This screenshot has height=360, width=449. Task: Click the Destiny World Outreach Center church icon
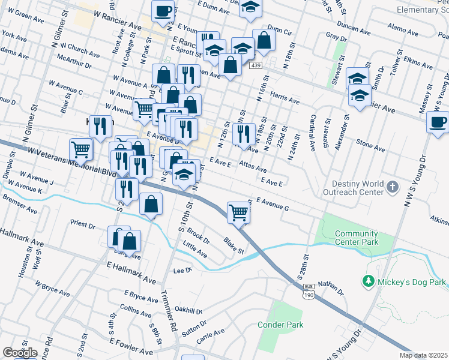[392, 187]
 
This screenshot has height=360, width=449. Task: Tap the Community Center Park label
[357, 238]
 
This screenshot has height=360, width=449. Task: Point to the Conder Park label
[280, 325]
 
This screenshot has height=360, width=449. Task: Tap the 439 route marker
[256, 65]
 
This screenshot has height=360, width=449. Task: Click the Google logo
[20, 353]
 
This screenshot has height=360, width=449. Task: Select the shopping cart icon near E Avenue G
[239, 213]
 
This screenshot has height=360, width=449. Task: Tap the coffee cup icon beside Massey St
[438, 122]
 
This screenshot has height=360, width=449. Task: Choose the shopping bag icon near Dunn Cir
[264, 40]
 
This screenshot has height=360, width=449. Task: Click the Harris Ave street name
[285, 98]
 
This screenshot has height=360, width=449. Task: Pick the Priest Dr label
[83, 225]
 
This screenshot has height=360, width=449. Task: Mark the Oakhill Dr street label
[186, 311]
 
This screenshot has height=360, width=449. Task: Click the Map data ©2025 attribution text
[424, 355]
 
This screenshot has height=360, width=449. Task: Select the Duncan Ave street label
[354, 27]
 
